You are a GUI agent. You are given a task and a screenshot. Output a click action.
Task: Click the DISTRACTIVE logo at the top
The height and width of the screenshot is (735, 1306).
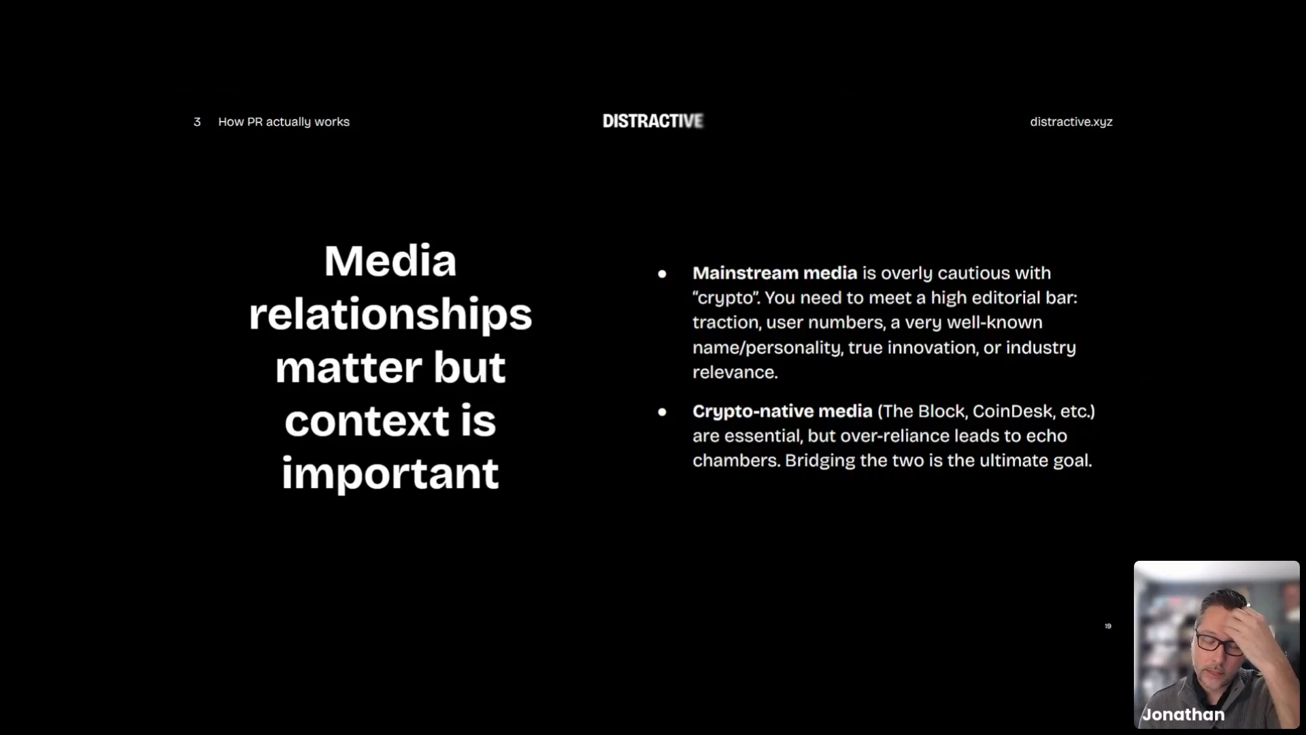coord(653,121)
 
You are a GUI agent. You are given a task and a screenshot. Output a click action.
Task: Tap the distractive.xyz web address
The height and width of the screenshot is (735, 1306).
coord(1071,122)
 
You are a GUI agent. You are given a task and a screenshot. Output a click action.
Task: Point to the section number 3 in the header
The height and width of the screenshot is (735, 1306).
coord(197,122)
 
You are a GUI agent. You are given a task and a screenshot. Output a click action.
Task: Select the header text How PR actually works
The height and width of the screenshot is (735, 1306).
coord(284,122)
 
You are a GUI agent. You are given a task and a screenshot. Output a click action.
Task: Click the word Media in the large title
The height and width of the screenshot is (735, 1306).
coord(390,261)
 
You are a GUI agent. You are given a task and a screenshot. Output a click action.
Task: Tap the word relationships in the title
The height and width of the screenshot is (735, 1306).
coord(390,315)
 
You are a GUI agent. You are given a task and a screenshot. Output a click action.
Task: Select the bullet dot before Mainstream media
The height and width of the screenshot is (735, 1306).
coord(662,274)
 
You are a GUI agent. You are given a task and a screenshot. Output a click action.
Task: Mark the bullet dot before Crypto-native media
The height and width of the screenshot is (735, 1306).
coord(662,412)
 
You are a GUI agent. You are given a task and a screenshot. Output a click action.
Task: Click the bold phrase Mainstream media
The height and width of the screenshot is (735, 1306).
coord(775,273)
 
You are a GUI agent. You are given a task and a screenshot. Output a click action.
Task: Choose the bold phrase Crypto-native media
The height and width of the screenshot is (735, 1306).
coord(782,412)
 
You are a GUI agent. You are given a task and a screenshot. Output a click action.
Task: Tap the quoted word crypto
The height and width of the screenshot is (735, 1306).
coord(726,298)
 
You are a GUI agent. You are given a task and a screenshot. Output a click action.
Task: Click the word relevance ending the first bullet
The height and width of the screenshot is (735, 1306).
coord(735,372)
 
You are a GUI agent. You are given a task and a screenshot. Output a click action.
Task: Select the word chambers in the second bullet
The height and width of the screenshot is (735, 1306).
coord(736,461)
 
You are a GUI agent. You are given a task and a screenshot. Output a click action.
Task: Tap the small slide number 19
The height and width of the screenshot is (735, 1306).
coord(1108,626)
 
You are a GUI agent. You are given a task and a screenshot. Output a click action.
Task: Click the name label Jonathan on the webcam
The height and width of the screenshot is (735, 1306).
coord(1184,715)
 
